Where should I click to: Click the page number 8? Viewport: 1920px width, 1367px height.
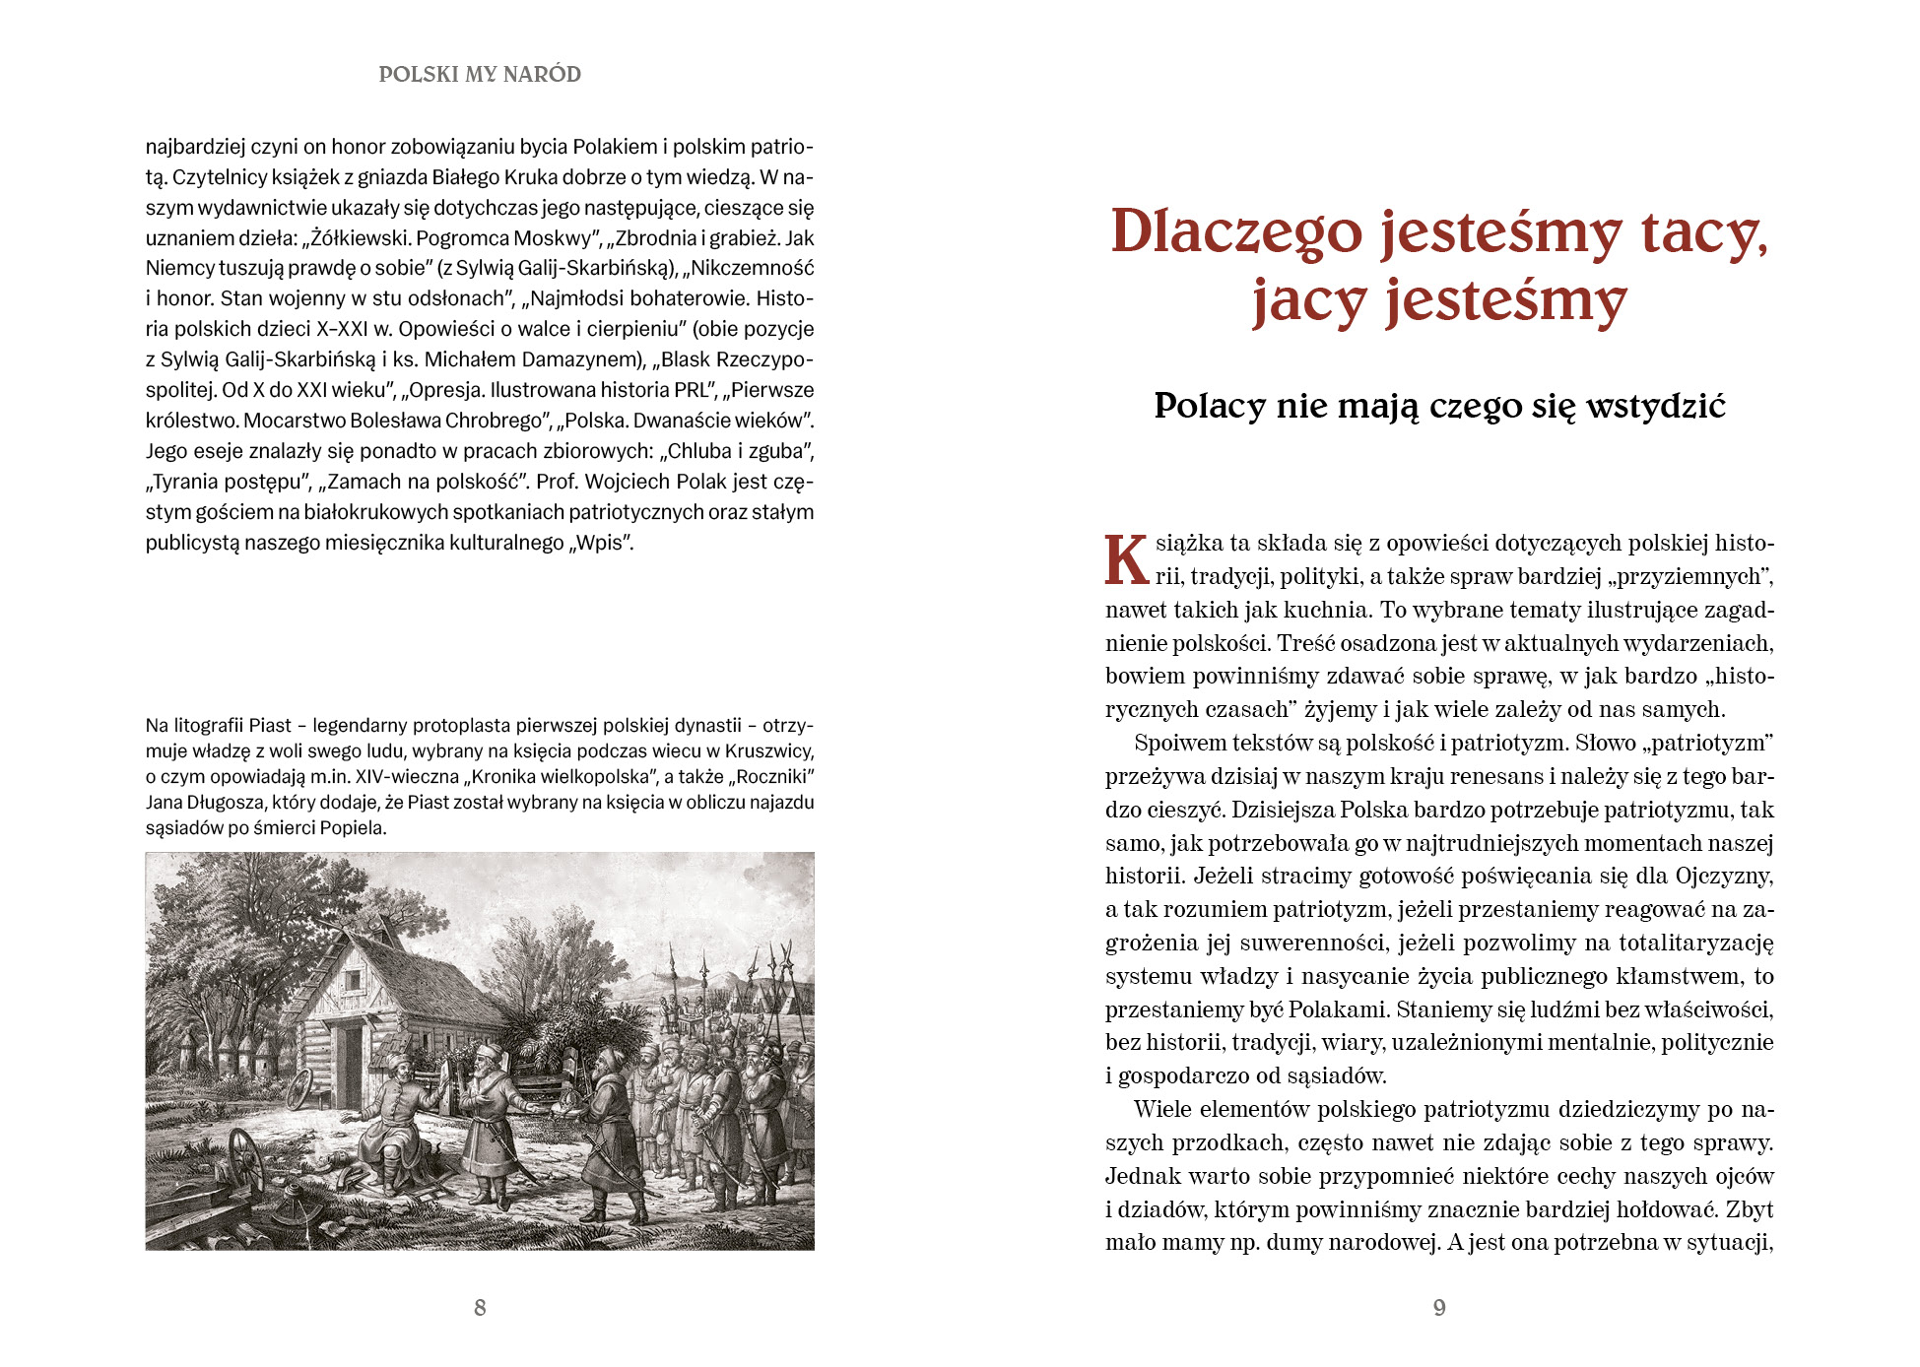click(480, 1307)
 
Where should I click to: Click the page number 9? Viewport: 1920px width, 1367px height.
click(1439, 1307)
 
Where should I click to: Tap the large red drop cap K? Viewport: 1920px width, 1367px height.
click(1126, 560)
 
